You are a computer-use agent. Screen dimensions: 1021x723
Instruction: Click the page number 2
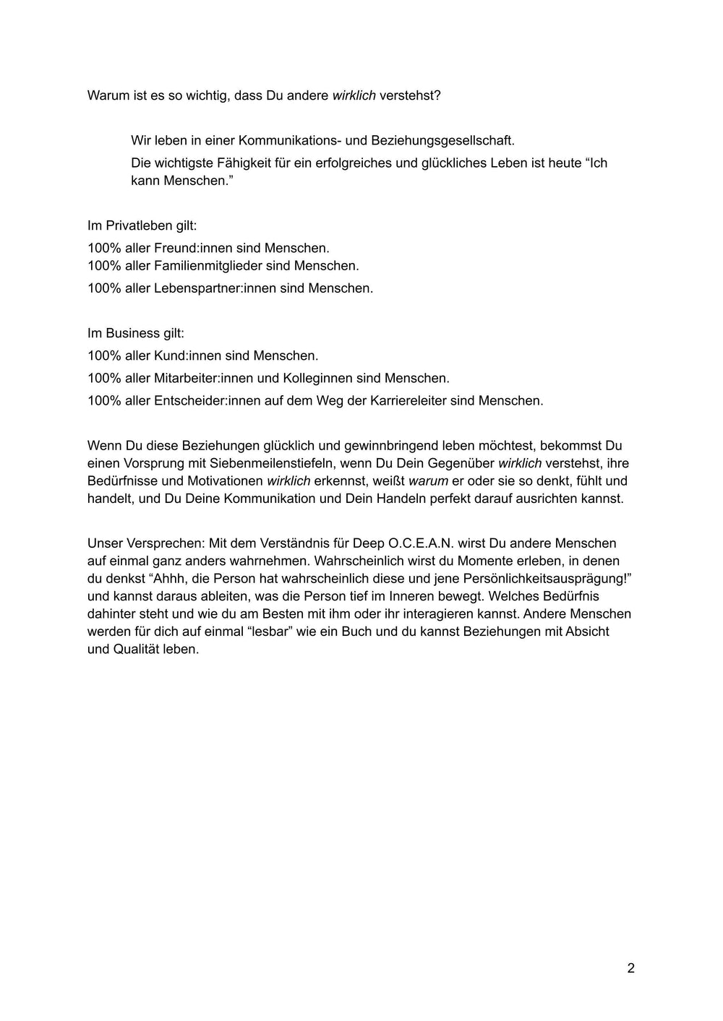(x=630, y=968)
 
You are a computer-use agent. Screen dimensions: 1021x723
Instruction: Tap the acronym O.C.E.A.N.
(x=422, y=543)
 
